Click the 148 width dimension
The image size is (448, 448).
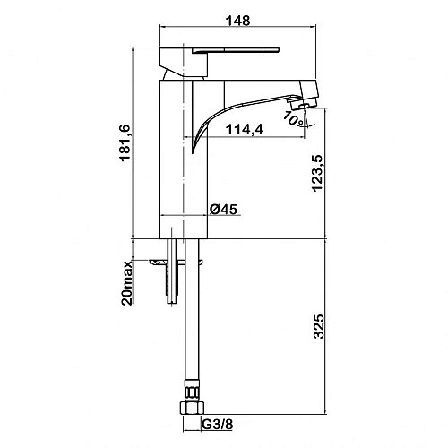[x=237, y=21]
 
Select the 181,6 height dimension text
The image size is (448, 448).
[x=125, y=142]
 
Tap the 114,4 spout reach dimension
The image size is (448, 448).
[x=245, y=130]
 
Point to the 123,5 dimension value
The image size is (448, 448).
[x=317, y=173]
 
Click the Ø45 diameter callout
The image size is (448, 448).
[x=223, y=209]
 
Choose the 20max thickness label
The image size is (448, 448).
[x=127, y=282]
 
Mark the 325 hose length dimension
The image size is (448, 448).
[x=319, y=326]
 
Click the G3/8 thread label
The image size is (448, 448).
[x=218, y=424]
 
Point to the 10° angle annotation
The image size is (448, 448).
[x=293, y=118]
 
